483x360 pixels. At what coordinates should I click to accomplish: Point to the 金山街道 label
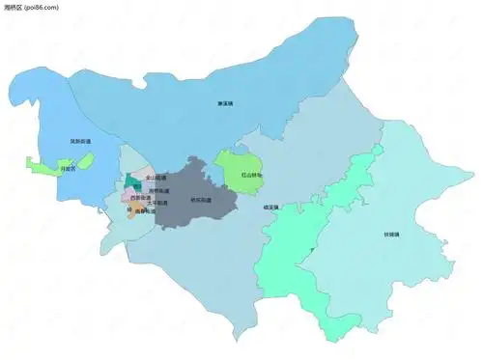(155, 179)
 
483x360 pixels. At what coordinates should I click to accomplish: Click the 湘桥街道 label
(157, 190)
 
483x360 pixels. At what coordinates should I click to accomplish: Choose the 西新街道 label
(141, 199)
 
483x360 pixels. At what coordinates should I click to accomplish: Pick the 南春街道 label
(144, 210)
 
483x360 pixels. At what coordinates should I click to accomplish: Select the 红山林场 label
(251, 176)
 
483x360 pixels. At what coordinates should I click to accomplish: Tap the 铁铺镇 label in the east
(391, 234)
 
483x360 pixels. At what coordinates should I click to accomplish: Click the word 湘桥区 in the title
(14, 8)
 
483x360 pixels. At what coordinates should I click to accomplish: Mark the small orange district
(135, 214)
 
